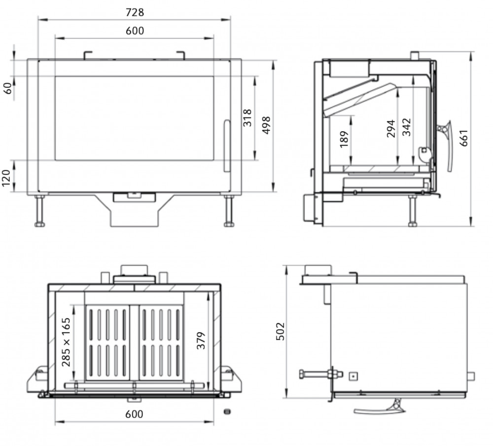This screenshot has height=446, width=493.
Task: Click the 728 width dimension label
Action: (135, 12)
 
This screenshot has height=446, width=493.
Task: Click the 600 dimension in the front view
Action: (135, 31)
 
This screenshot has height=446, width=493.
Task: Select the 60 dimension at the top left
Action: (7, 88)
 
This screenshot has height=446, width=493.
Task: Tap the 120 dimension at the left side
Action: (7, 176)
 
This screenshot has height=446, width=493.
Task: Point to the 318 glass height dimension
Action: (247, 118)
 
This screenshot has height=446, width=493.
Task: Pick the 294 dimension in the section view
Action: (391, 128)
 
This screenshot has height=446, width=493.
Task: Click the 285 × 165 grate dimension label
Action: (66, 342)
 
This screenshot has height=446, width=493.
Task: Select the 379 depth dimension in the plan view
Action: (201, 340)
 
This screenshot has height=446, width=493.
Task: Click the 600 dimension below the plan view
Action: (134, 414)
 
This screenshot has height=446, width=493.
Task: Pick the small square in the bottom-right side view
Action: (352, 376)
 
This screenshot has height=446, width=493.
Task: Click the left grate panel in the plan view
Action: (107, 343)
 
